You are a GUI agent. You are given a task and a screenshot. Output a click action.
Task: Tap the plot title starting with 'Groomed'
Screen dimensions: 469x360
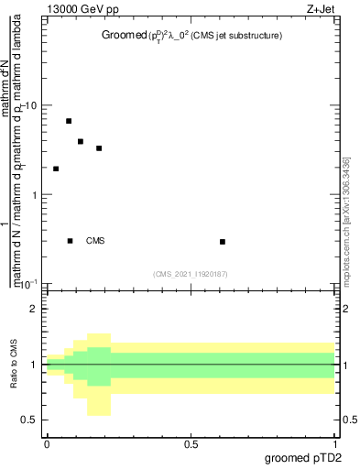coord(191,36)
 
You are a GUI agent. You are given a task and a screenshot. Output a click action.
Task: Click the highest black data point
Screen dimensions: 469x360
coord(69,121)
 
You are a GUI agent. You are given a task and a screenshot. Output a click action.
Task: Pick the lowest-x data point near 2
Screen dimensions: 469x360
coord(56,169)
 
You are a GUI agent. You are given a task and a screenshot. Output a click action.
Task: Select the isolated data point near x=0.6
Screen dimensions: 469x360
coord(223,242)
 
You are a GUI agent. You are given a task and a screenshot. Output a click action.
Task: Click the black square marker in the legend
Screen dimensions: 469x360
coord(70,241)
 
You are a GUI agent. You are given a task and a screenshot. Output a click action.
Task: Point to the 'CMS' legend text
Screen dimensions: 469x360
coord(95,241)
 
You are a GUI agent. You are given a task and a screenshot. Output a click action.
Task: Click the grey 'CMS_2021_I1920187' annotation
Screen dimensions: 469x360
coord(191,273)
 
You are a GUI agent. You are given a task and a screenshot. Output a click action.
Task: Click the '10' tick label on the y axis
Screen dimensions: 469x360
coord(32,105)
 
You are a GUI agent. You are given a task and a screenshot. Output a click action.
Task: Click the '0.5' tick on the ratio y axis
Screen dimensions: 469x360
coord(29,420)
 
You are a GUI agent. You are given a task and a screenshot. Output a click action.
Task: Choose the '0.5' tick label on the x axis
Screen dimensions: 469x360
coord(191,444)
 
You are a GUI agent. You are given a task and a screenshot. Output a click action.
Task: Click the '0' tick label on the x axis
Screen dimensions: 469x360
coord(46,444)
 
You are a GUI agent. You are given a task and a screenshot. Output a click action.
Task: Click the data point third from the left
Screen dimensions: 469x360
coord(81,142)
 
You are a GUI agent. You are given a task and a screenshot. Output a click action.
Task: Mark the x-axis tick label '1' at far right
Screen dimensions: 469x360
coord(336,444)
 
